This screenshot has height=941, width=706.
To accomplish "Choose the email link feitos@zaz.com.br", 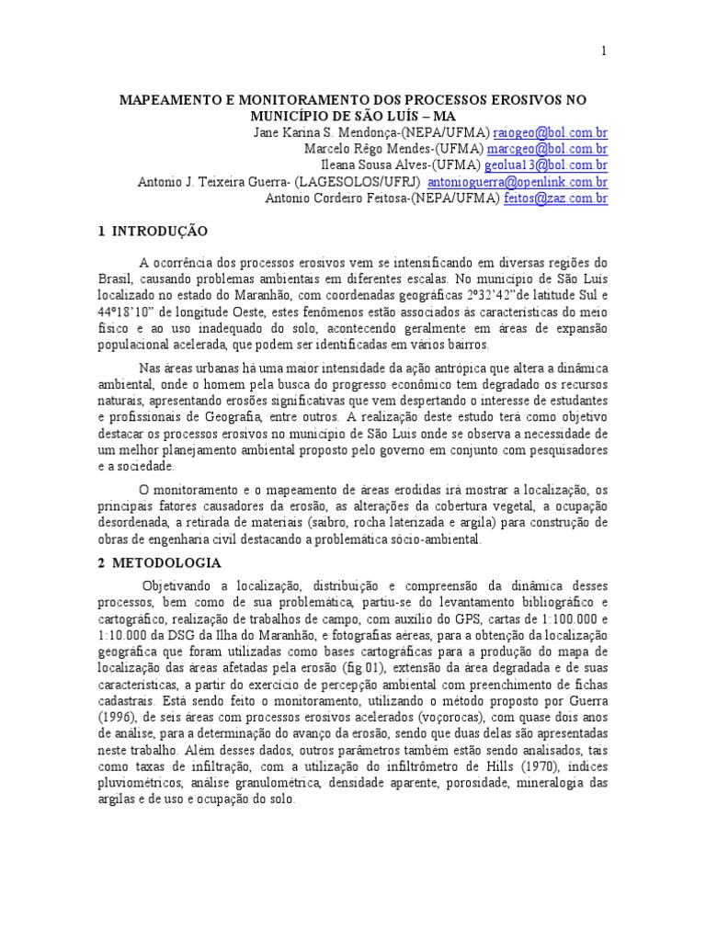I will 556,198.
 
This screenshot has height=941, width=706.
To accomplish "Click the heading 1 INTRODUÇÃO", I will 153,231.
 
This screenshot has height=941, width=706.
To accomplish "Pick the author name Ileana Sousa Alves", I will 385,165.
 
